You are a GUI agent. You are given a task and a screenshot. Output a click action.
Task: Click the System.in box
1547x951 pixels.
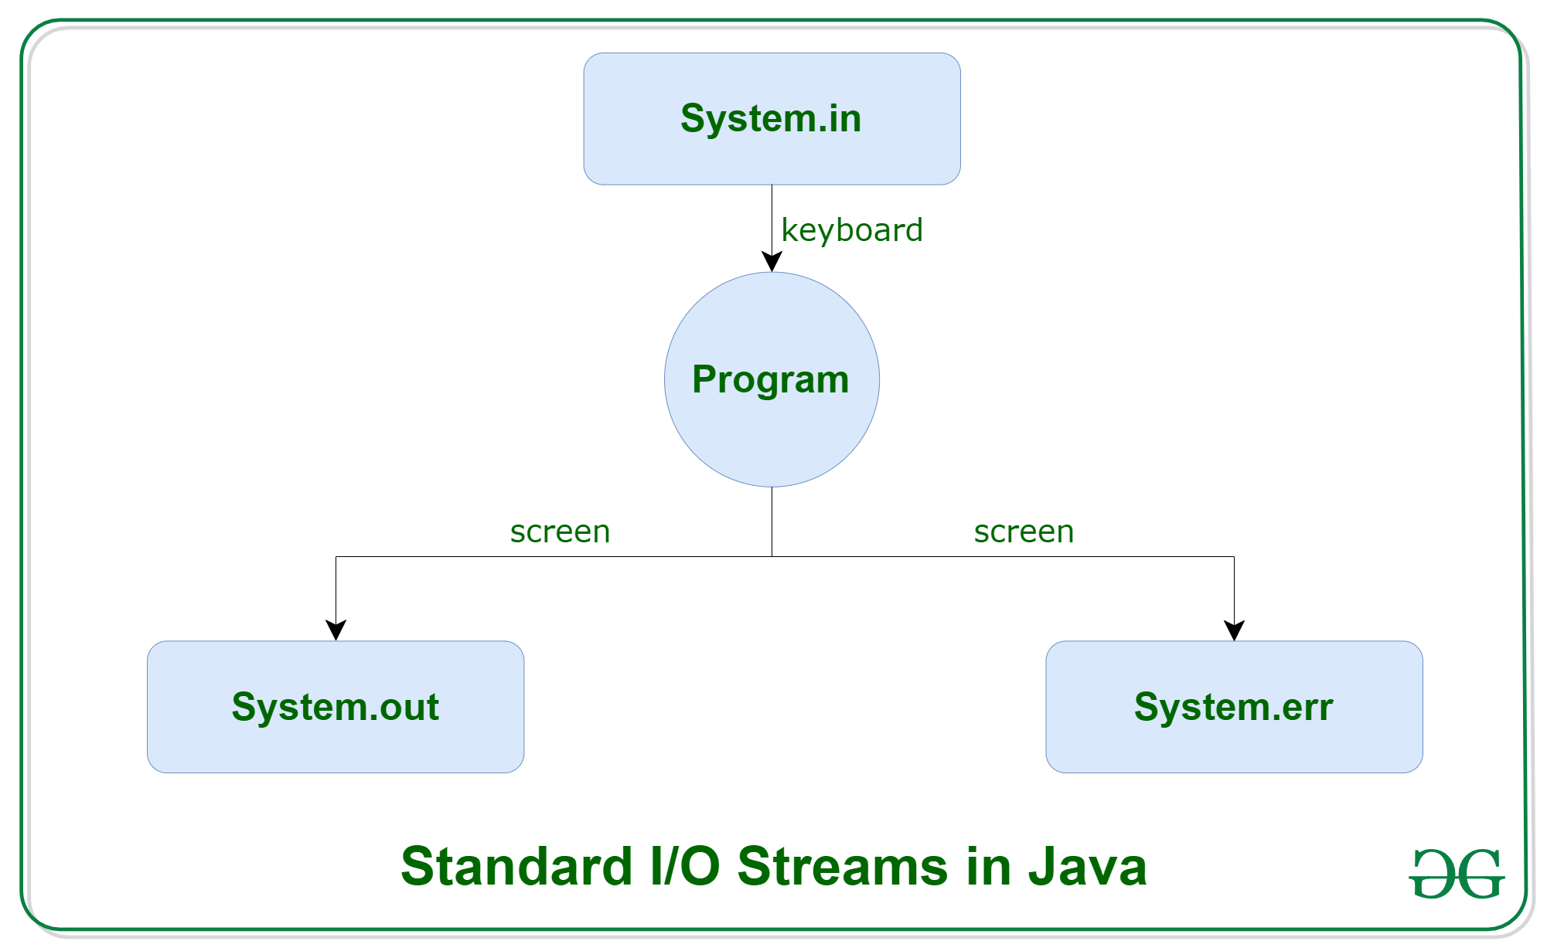[772, 118]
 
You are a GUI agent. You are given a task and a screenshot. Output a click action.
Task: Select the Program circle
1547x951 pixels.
[772, 379]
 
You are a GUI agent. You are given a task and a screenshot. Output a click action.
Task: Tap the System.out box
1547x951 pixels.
[336, 706]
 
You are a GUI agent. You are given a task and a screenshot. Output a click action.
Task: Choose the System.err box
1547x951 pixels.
[1234, 706]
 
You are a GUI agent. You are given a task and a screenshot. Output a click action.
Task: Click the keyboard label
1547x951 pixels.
[852, 230]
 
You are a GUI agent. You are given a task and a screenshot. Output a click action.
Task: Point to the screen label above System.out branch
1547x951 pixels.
[560, 532]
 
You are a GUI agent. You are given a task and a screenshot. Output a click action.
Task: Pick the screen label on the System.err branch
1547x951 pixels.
[1024, 532]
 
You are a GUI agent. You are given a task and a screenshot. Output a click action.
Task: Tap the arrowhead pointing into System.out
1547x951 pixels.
[336, 630]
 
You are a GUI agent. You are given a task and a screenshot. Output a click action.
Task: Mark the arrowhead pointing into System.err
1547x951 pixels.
[1234, 630]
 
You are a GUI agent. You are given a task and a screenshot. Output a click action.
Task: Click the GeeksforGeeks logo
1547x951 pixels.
[1457, 874]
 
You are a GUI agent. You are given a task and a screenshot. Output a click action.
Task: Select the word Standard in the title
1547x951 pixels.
[516, 866]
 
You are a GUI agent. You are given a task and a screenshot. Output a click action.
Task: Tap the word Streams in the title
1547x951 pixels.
[843, 866]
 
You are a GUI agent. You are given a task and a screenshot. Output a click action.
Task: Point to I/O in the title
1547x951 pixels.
[685, 866]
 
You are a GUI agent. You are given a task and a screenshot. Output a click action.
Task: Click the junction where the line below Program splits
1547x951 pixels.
[772, 556]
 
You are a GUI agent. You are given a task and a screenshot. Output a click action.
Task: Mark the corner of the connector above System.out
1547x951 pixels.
[336, 556]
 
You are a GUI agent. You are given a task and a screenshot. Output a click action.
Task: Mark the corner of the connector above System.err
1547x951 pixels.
[1234, 556]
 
